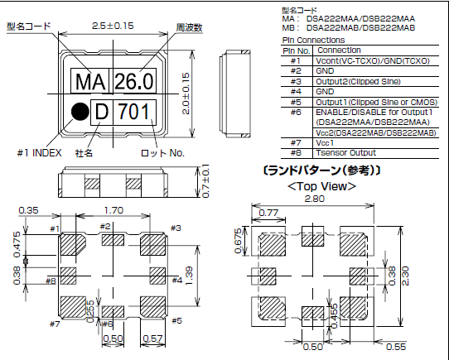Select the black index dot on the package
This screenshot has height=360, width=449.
tap(79, 109)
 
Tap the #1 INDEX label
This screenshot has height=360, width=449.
tap(40, 151)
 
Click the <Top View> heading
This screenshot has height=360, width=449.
tap(321, 186)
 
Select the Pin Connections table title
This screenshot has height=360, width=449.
tap(313, 40)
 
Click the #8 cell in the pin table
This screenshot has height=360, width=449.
tap(296, 153)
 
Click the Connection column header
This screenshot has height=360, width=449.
tap(340, 50)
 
